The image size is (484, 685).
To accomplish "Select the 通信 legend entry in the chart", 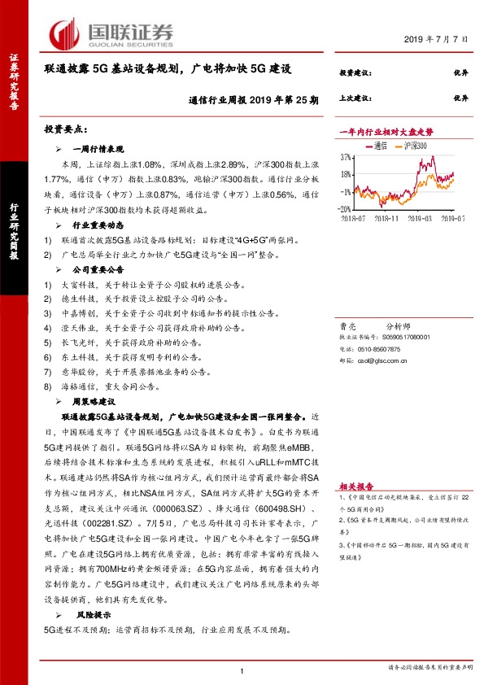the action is [x=375, y=146].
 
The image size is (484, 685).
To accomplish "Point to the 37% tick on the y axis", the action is [x=346, y=157].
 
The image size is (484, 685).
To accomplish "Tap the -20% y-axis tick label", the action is [x=345, y=208].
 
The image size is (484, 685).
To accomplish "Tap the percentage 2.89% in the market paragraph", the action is [x=229, y=164].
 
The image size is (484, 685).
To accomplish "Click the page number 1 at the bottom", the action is [x=242, y=670].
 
